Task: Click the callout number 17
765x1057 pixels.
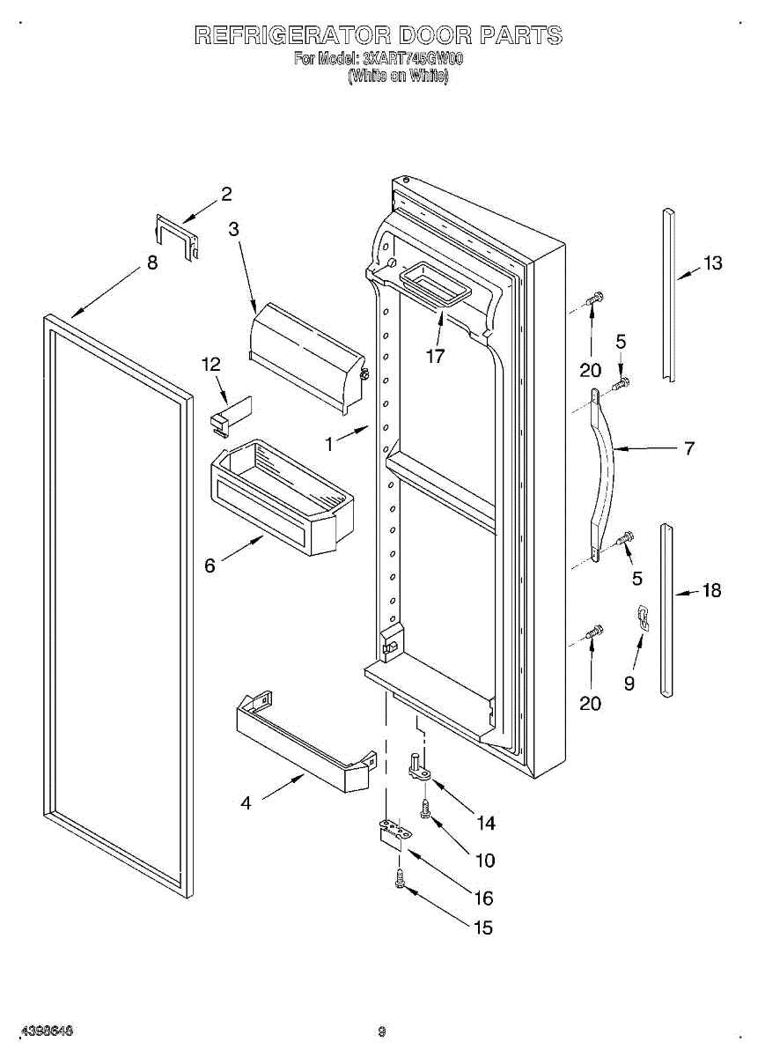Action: (x=435, y=357)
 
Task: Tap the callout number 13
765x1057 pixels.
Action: (x=712, y=262)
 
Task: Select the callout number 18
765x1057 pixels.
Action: (x=711, y=591)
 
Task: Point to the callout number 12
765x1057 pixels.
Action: (x=211, y=364)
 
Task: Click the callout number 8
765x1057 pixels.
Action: (x=152, y=262)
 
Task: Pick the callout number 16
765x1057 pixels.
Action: (x=483, y=898)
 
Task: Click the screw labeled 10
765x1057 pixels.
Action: (x=426, y=809)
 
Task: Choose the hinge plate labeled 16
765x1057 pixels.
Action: (x=393, y=832)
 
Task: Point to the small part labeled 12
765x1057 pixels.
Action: (x=231, y=415)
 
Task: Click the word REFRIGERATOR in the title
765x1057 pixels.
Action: (x=292, y=36)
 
